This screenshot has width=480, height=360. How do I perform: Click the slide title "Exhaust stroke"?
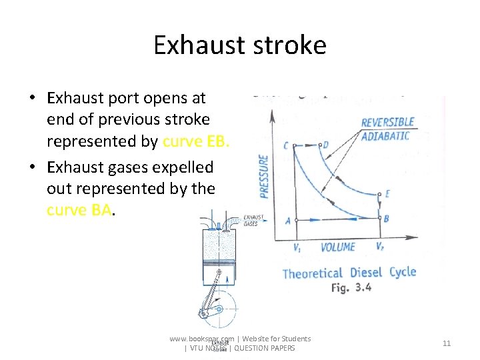pos(239,45)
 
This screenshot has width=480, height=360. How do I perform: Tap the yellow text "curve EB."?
pos(196,141)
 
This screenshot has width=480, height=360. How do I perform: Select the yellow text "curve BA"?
pos(79,210)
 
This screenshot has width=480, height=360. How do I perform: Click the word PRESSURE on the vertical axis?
pos(264,176)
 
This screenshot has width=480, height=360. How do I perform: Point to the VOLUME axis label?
pos(338,247)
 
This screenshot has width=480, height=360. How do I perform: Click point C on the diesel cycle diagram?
pos(287,145)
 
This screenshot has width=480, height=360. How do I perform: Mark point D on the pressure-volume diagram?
pos(325,145)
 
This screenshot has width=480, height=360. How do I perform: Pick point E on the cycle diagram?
pos(387,194)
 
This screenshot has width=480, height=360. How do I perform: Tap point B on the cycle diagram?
pos(387,219)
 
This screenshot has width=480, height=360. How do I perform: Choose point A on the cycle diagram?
pos(288,221)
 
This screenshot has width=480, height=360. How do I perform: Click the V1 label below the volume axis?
pos(297,247)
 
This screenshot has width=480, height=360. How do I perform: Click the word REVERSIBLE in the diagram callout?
pos(387,123)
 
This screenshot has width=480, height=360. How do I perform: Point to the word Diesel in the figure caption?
pos(366,273)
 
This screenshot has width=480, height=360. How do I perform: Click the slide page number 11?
pos(447,343)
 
